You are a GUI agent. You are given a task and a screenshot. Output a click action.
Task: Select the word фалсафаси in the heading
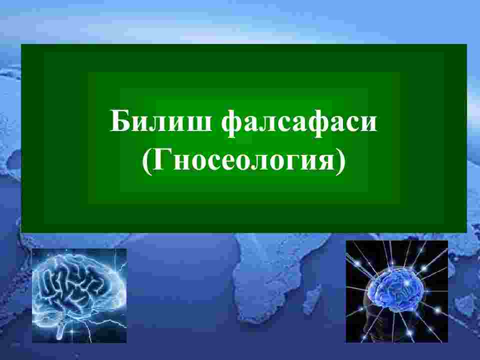pos(299,122)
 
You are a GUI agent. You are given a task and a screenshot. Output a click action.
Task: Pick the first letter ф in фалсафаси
pos(231,122)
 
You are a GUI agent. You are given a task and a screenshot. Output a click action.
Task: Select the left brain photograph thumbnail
pos(79,295)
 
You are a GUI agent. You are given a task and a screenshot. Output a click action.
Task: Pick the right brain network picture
pos(396,291)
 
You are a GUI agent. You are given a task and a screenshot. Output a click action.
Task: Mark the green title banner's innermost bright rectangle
pos(244,140)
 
